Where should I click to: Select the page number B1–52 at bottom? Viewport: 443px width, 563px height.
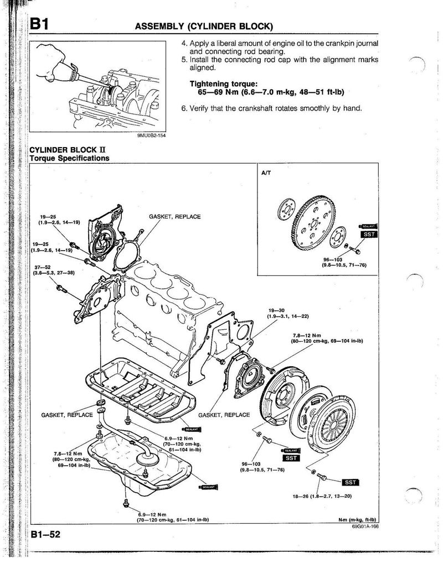coord(45,535)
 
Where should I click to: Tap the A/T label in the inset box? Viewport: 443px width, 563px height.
coord(266,173)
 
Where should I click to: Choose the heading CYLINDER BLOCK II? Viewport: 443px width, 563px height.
coord(63,150)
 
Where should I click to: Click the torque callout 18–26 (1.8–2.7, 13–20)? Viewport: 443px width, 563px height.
coord(322,496)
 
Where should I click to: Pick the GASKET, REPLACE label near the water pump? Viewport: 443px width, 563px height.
coord(175,216)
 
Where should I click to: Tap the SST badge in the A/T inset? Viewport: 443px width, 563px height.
coord(368,234)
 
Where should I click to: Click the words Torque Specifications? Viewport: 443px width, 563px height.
coord(69,158)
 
